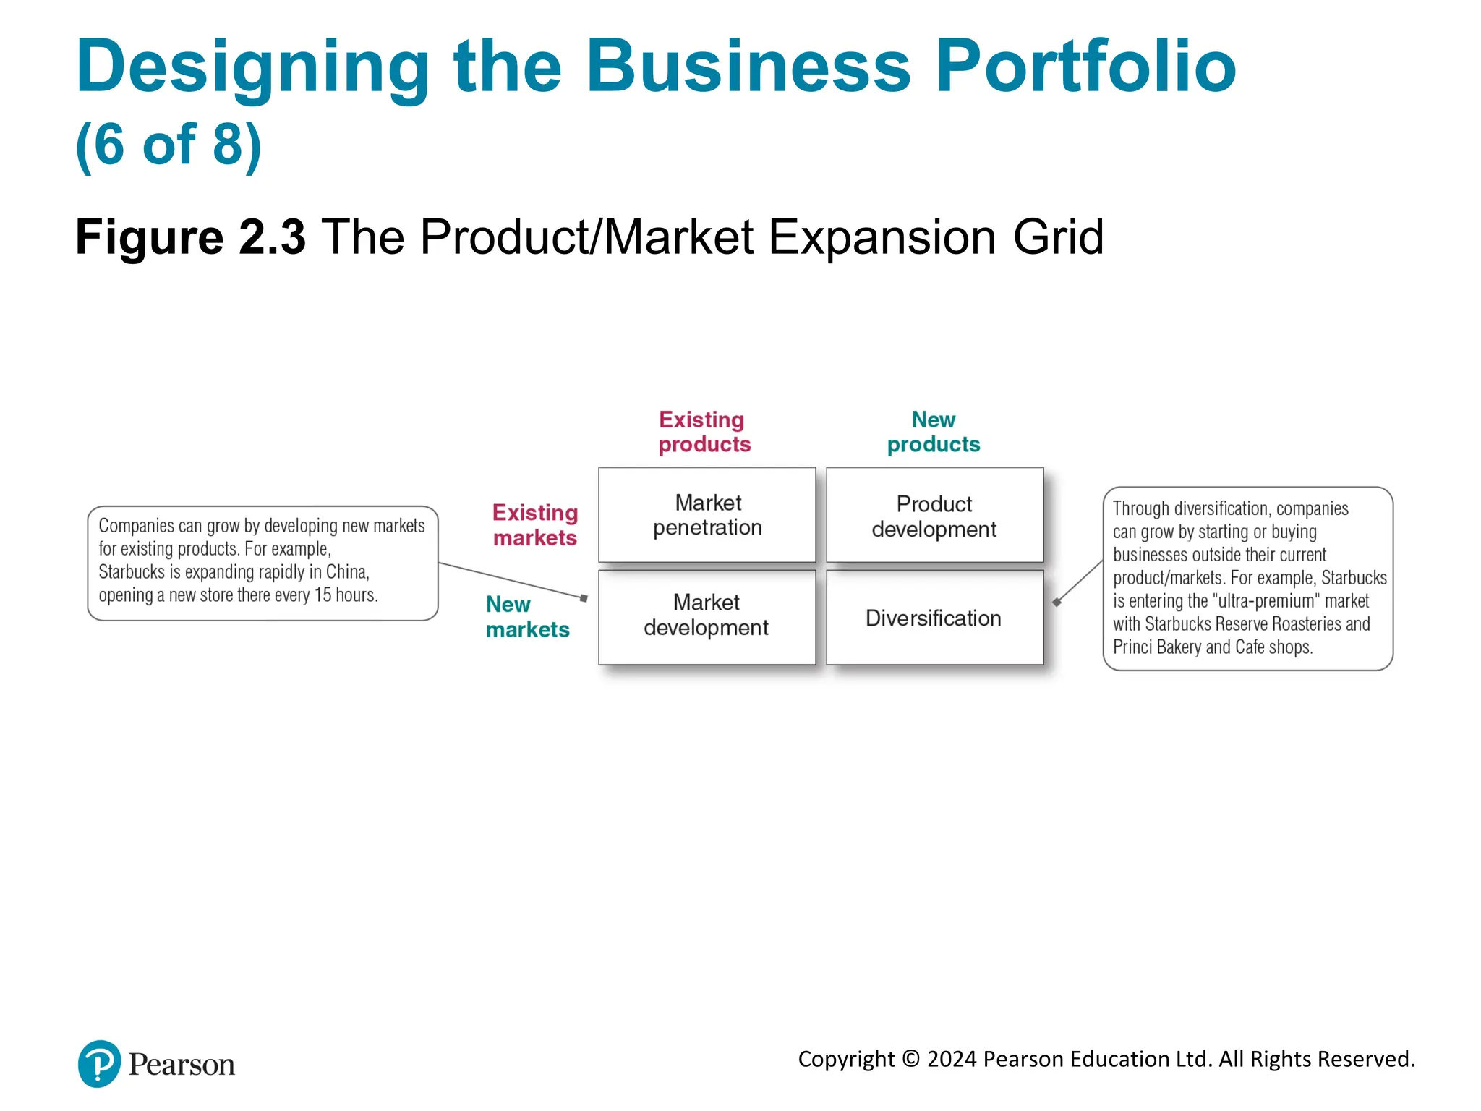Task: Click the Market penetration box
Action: pyautogui.click(x=707, y=515)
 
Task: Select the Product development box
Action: pyautogui.click(x=934, y=515)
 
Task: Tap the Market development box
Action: pyautogui.click(x=707, y=616)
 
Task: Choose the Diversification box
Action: pyautogui.click(x=934, y=618)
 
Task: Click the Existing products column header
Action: pyautogui.click(x=704, y=432)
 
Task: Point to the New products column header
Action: pyautogui.click(x=933, y=432)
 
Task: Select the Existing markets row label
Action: pyautogui.click(x=535, y=525)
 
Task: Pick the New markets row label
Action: pyautogui.click(x=527, y=617)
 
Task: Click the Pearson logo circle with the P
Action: pyautogui.click(x=99, y=1063)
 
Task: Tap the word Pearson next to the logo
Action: pyautogui.click(x=182, y=1065)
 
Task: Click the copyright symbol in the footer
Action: pyautogui.click(x=911, y=1059)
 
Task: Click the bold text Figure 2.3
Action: pyautogui.click(x=190, y=237)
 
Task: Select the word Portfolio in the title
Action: pyautogui.click(x=1085, y=67)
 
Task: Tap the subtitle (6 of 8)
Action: pyautogui.click(x=168, y=145)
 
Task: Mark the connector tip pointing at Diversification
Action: pyautogui.click(x=1057, y=602)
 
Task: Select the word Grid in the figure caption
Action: pyautogui.click(x=1058, y=237)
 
